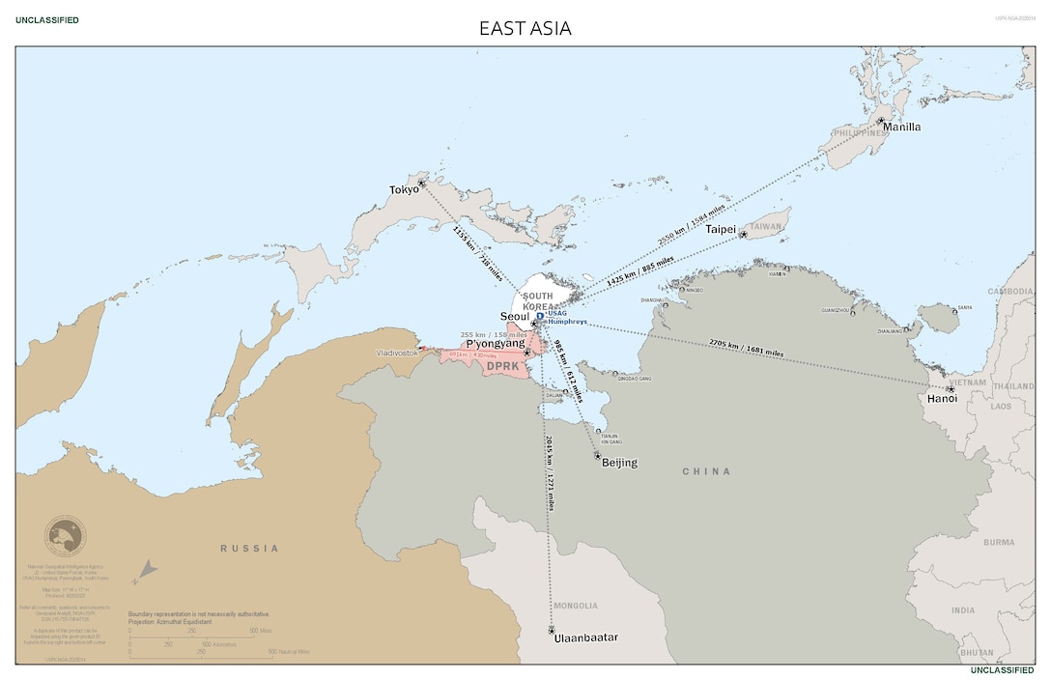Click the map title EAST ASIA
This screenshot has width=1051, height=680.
click(525, 28)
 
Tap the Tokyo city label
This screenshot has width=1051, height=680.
click(404, 189)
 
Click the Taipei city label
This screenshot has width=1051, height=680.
click(721, 229)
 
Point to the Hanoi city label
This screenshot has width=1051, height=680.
click(941, 398)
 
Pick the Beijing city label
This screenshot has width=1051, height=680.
click(619, 463)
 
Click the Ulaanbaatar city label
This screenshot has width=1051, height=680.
click(585, 637)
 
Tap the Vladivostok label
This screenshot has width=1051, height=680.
click(398, 354)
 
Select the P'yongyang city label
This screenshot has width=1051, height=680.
click(495, 343)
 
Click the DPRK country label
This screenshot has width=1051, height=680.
click(502, 366)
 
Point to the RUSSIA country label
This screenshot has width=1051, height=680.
click(249, 548)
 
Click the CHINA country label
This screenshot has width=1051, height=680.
click(706, 471)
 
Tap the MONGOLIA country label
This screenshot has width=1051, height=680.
click(576, 606)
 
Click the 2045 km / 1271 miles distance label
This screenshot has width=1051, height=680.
click(551, 473)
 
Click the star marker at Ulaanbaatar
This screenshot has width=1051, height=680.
click(552, 630)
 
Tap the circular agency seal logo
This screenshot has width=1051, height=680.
click(65, 536)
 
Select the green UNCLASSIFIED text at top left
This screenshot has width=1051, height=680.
click(47, 20)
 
